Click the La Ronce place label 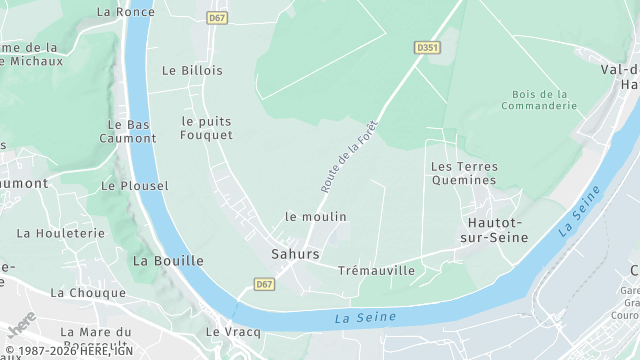click(x=126, y=12)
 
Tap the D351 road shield click(x=427, y=47)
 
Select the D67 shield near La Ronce click(x=217, y=18)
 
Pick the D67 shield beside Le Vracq click(x=264, y=284)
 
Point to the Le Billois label click(x=192, y=71)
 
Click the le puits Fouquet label click(x=207, y=128)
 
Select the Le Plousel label click(x=135, y=186)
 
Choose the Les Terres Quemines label click(x=463, y=173)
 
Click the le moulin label click(x=316, y=216)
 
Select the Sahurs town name click(x=295, y=254)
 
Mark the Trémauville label click(x=376, y=271)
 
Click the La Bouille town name click(x=168, y=260)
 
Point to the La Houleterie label click(x=61, y=233)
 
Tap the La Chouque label click(x=88, y=293)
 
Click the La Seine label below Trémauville click(x=365, y=318)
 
